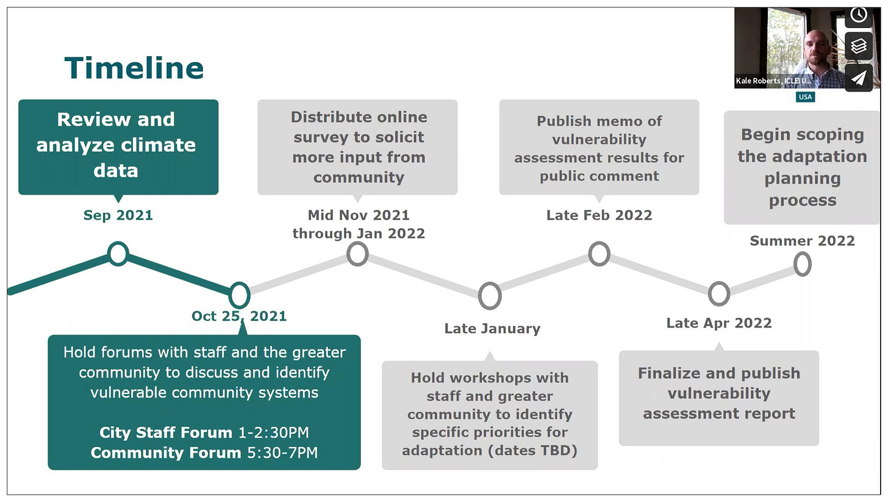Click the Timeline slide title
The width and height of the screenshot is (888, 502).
click(134, 68)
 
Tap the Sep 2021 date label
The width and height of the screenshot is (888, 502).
click(118, 215)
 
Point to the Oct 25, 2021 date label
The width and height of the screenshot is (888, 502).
click(239, 316)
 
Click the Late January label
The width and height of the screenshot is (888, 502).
click(492, 328)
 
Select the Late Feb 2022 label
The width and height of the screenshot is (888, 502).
click(599, 215)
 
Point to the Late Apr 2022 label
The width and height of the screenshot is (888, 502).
click(719, 323)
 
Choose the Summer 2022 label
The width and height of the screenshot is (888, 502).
click(803, 241)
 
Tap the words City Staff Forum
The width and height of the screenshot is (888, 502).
click(166, 432)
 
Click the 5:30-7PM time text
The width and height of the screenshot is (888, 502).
click(282, 453)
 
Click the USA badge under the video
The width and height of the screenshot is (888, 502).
click(805, 97)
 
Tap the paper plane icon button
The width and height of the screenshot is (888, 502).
click(859, 77)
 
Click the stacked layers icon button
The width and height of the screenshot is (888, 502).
click(859, 46)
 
